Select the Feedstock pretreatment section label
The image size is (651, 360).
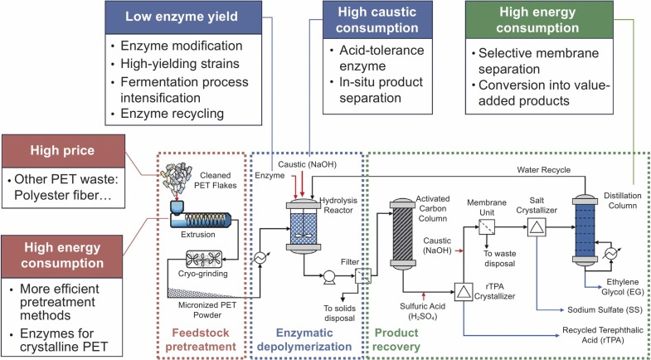coord(205,330)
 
